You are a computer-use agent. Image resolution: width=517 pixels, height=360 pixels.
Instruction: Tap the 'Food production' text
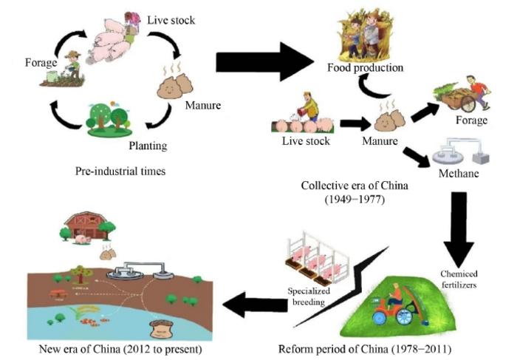pyautogui.click(x=366, y=68)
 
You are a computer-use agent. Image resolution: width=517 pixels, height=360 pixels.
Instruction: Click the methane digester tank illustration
pyautogui.click(x=458, y=152)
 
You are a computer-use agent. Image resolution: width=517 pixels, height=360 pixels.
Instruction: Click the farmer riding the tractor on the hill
pyautogui.click(x=400, y=299)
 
